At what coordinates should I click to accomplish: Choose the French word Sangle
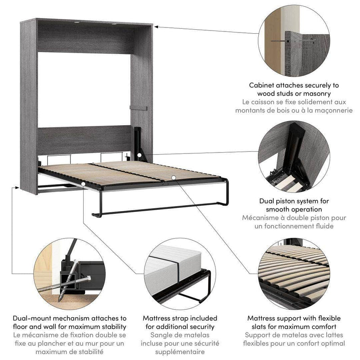162,335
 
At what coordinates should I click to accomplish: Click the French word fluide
323,226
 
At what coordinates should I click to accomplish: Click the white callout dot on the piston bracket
140,155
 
